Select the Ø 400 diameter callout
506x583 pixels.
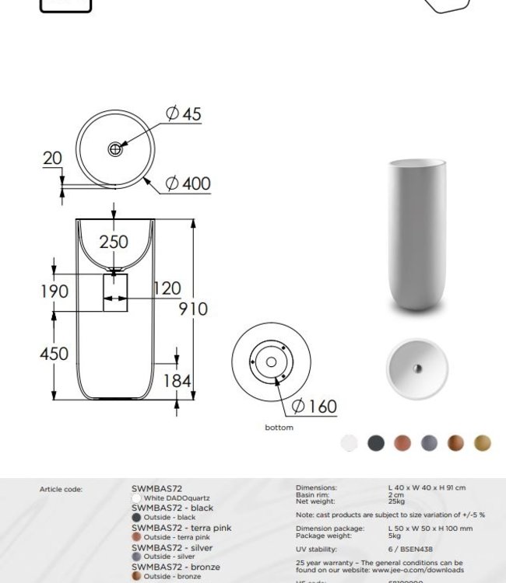tap(188, 184)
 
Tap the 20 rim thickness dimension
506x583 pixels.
tap(52, 158)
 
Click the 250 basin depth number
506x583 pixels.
tap(114, 243)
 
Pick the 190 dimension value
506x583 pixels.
tap(54, 291)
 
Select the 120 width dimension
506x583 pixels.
tap(167, 289)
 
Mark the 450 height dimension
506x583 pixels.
tap(54, 354)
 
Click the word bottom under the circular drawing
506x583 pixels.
tap(279, 428)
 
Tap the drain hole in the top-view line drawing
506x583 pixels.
tap(115, 148)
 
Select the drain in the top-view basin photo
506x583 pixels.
tap(417, 368)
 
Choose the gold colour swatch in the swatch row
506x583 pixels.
tap(483, 443)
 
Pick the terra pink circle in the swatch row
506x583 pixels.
tap(402, 443)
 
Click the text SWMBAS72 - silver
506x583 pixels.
tap(171, 548)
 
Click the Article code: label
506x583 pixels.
tap(61, 489)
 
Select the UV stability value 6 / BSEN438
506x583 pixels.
tap(410, 549)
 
